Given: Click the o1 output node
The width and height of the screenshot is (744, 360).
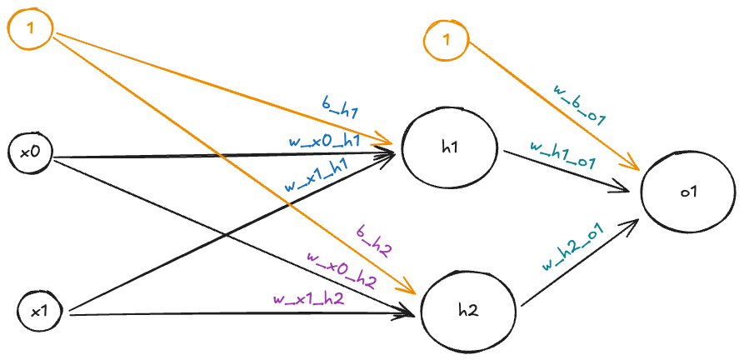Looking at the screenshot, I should [687, 192].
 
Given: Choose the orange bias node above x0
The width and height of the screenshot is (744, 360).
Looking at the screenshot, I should [31, 29].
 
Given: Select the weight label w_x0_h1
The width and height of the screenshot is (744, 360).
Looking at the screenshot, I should [324, 142].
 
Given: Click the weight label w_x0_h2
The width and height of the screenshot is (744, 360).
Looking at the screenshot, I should [342, 268].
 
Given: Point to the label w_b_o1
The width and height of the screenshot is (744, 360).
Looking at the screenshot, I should [578, 102].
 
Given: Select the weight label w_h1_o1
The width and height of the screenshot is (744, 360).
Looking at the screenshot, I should [562, 156].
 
